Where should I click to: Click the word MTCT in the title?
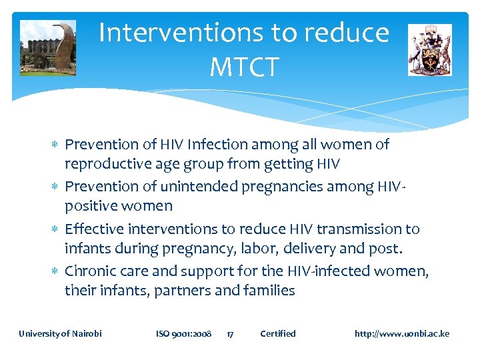pyautogui.click(x=243, y=66)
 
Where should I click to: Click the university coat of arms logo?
pyautogui.click(x=429, y=49)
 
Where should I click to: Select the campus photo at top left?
pyautogui.click(x=47, y=47)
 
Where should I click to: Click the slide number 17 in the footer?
pyautogui.click(x=229, y=333)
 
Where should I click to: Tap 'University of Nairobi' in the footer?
pyautogui.click(x=60, y=333)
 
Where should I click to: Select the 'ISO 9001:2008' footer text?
pyautogui.click(x=183, y=333)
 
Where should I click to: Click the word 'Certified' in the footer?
pyautogui.click(x=277, y=333)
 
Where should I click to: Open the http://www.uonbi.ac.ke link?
pyautogui.click(x=402, y=333)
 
